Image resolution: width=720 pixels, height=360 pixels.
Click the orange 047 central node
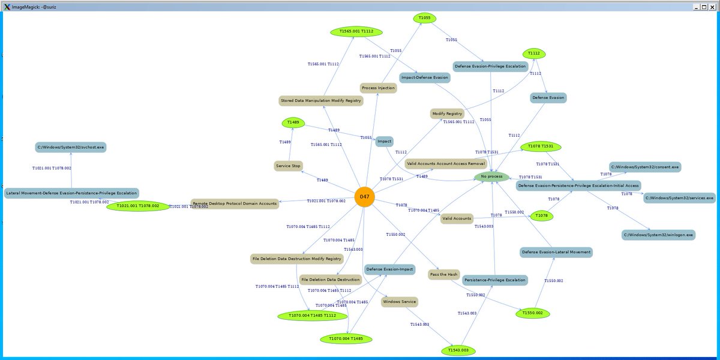point(364,197)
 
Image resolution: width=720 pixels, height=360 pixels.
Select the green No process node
point(491,176)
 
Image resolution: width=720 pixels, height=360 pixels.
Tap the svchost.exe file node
point(70,147)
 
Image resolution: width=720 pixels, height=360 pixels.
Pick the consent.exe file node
point(645,166)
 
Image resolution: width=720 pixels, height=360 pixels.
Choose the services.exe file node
point(680,197)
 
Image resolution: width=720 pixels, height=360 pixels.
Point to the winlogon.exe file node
point(658,235)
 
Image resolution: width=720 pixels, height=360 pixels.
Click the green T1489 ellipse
point(293,122)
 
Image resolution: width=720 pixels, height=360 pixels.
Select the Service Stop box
point(288,166)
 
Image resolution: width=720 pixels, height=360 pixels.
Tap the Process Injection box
point(378,88)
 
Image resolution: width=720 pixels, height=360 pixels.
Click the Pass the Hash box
point(444,274)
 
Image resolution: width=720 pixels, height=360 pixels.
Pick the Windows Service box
point(399,301)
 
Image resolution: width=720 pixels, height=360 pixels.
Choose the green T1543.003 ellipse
point(458,350)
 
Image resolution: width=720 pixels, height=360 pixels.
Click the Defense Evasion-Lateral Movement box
point(556,252)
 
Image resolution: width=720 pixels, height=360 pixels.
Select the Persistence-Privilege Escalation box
point(495,280)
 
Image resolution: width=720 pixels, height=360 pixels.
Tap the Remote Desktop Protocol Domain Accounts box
point(235,203)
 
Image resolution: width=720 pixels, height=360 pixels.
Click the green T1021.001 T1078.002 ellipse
point(138,206)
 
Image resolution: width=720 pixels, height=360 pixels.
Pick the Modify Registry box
point(447,113)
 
